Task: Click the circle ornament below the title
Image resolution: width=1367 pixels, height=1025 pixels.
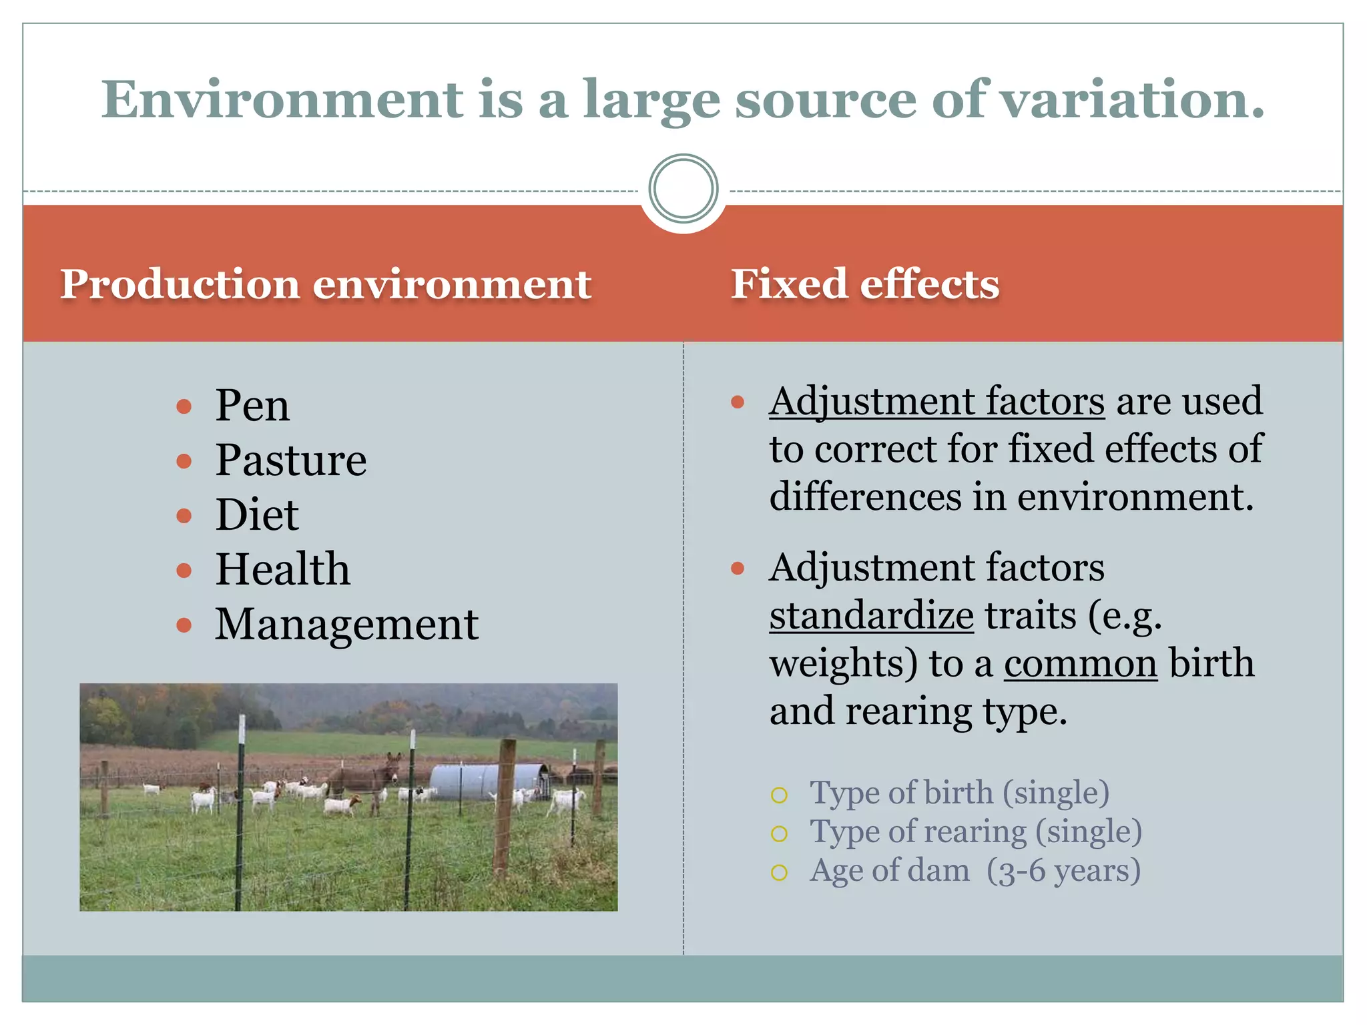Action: click(x=683, y=189)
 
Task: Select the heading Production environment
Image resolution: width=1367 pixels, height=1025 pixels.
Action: click(x=326, y=284)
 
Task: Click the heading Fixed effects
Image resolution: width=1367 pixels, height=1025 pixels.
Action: click(x=865, y=284)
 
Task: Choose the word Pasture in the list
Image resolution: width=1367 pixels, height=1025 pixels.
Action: click(x=290, y=460)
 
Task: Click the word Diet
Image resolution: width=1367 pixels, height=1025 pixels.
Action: click(x=256, y=515)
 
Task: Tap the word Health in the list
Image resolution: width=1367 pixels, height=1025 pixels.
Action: click(x=282, y=569)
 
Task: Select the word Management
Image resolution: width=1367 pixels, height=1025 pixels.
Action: click(x=346, y=625)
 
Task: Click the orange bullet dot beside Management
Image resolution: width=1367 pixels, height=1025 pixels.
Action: click(x=184, y=625)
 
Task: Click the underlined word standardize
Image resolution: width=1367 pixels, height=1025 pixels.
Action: click(x=871, y=615)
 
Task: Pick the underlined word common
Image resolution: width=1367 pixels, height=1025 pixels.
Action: click(x=1080, y=663)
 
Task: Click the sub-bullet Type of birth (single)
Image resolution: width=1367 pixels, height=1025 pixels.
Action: click(x=959, y=793)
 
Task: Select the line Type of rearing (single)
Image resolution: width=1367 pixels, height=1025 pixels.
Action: click(x=975, y=831)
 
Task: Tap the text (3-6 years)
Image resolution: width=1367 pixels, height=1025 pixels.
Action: click(x=1064, y=870)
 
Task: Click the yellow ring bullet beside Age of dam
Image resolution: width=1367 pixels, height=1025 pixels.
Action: click(x=779, y=872)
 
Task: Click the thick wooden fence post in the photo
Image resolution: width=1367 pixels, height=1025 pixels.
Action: click(x=504, y=807)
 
